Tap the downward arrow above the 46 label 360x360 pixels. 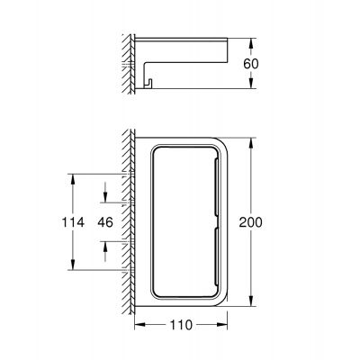point(108,199)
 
